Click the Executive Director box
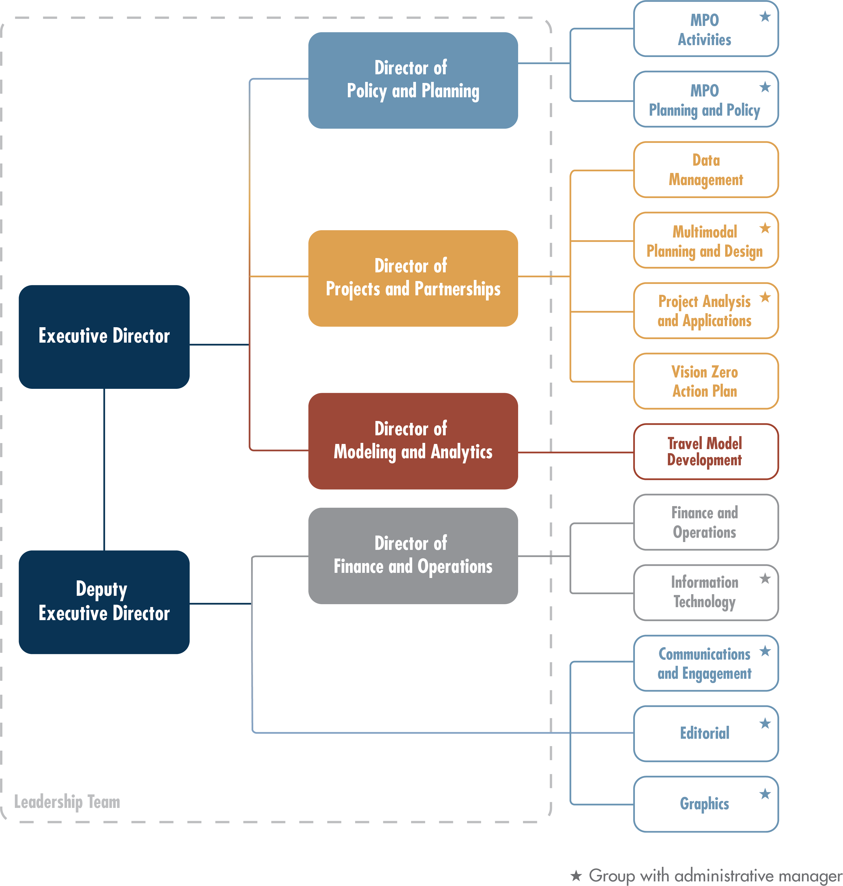pos(104,336)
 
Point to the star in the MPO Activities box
pos(765,17)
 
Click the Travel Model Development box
pos(705,452)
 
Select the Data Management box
pos(705,170)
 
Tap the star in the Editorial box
pos(765,723)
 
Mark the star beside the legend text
pos(576,875)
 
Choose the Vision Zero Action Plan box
pos(705,381)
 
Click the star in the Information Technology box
pos(765,579)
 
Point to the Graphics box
pos(705,804)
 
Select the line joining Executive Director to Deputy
pos(104,470)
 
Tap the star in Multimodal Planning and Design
pos(765,228)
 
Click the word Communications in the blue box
pos(704,654)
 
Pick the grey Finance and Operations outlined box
pos(705,522)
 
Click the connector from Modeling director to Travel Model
pos(575,452)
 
